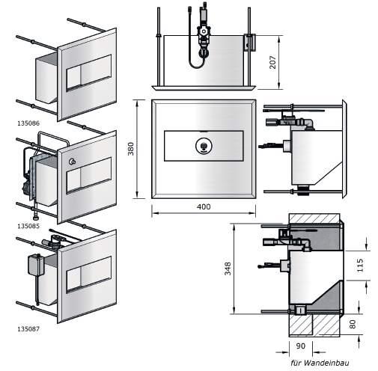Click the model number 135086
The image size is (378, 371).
[x=28, y=123]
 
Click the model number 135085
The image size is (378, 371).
[x=28, y=226]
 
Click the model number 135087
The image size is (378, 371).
[x=28, y=329]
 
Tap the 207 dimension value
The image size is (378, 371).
[x=272, y=62]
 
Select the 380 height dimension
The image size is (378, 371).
[x=131, y=149]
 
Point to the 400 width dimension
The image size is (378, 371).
[x=204, y=206]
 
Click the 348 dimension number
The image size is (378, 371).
[x=228, y=269]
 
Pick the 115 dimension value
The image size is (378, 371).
[x=360, y=266]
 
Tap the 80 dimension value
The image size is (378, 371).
[x=353, y=324]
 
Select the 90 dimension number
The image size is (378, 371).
[x=300, y=346]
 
